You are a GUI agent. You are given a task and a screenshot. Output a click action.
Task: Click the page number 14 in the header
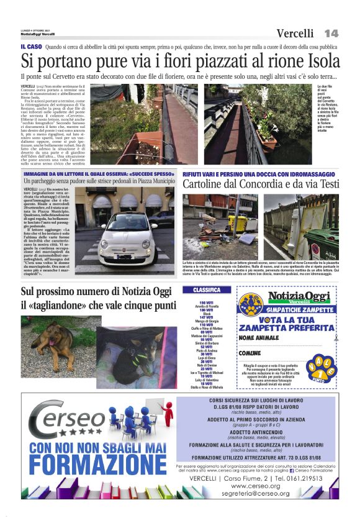tap(330, 33)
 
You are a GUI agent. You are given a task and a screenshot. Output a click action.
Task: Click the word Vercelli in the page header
tap(295, 34)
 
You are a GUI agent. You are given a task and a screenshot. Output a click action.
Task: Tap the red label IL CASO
tap(31, 47)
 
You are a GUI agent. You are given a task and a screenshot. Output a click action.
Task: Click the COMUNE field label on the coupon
tap(250, 353)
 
